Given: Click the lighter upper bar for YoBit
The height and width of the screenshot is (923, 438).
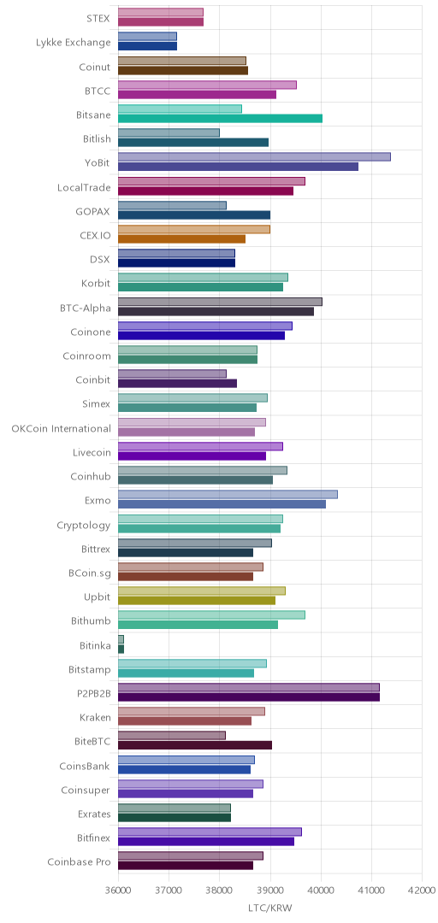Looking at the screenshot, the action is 254,156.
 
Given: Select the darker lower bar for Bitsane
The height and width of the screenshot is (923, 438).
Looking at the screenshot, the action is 221,118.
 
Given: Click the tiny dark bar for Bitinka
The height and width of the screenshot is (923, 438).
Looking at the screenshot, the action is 121,649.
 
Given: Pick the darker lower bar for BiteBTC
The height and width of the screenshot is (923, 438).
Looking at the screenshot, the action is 195,745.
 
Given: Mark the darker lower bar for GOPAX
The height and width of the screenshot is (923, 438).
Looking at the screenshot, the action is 194,215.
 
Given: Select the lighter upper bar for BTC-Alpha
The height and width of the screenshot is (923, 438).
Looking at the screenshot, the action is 220,302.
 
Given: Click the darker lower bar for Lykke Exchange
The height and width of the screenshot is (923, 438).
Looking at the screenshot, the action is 147,46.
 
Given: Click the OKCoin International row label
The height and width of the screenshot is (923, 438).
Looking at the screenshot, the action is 61,428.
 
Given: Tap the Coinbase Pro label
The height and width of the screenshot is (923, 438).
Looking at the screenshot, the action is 79,861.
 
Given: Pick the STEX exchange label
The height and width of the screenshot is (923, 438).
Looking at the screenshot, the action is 98,18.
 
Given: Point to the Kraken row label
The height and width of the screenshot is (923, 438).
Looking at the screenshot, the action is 95,717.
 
